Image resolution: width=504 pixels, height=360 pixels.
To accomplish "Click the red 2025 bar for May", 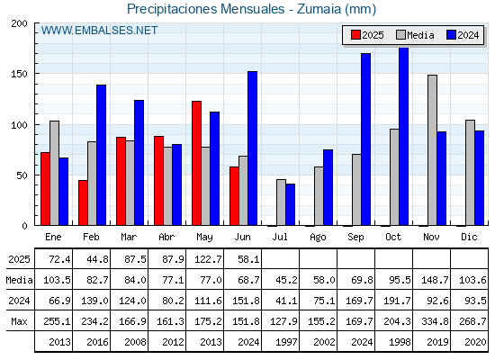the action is (197, 163).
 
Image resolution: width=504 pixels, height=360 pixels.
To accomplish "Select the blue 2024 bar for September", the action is (365, 139).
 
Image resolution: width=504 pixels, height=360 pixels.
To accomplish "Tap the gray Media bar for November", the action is (432, 150).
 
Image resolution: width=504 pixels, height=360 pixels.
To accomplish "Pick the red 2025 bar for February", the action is (83, 202).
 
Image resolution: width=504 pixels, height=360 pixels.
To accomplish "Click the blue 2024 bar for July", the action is (290, 204).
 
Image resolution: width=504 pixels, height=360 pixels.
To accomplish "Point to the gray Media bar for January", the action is (54, 173).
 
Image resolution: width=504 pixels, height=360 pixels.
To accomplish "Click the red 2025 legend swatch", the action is (355, 35).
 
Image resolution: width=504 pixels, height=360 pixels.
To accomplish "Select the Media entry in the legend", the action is (415, 35).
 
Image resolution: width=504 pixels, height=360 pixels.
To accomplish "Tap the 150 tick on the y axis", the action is (19, 74).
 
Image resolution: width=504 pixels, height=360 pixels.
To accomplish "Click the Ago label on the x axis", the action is (318, 238).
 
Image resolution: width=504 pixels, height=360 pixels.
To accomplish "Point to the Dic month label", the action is (469, 237).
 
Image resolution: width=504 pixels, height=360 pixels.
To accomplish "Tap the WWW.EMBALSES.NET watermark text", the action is (99, 31).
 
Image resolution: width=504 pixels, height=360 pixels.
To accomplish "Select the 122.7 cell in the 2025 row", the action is (208, 259).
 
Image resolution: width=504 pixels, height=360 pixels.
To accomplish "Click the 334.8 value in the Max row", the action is (435, 321).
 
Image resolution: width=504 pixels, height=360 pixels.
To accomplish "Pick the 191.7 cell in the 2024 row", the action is (397, 301).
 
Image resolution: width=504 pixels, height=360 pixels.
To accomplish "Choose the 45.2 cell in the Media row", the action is (286, 280).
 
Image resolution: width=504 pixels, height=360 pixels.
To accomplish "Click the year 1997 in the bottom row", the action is (286, 342).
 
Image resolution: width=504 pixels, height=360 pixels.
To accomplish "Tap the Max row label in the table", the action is (19, 321).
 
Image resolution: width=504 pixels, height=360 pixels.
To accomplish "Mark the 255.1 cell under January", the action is (57, 321).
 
